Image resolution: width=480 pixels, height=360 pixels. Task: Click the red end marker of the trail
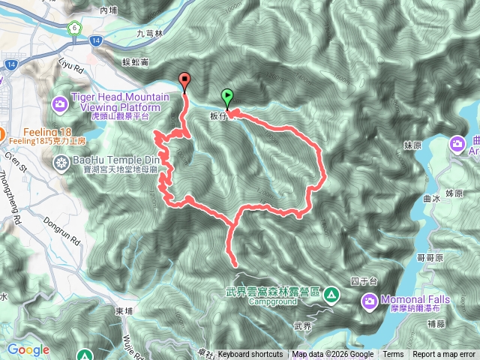click(x=184, y=81)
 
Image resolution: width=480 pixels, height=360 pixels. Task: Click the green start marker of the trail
click(x=227, y=96)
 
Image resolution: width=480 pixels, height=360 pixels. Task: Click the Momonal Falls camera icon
click(x=369, y=301)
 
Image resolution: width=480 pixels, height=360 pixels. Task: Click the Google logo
click(x=28, y=349)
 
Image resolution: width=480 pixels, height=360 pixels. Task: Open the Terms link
click(x=393, y=355)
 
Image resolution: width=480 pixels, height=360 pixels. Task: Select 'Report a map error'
click(x=444, y=355)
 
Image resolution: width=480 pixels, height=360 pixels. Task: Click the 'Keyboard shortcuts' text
click(x=250, y=355)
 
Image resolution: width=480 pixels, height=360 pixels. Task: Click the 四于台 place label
click(x=361, y=281)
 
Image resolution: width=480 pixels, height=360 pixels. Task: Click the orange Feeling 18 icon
click(x=3, y=135)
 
